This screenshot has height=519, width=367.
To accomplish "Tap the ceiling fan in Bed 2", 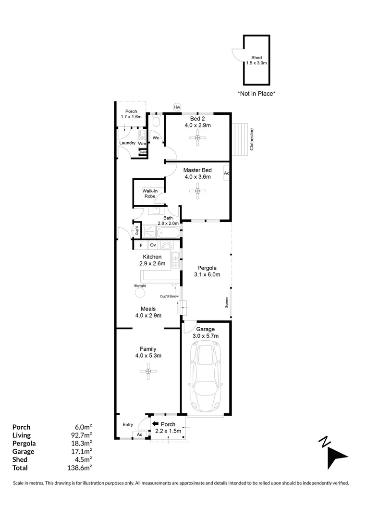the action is click(x=197, y=138).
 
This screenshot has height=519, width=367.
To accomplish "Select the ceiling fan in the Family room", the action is click(x=148, y=371).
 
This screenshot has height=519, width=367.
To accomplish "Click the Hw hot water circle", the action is click(x=177, y=107).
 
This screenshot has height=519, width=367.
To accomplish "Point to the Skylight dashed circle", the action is click(x=140, y=293).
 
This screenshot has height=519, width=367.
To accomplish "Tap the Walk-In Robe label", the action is click(x=150, y=193).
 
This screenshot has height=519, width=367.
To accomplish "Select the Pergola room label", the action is click(x=207, y=268).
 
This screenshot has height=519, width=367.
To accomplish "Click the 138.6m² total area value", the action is click(x=79, y=468).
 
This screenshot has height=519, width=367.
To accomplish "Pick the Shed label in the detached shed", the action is click(x=257, y=58).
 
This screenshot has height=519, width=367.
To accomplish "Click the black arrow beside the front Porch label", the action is click(x=155, y=424).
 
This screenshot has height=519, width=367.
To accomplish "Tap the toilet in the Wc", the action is click(x=157, y=121).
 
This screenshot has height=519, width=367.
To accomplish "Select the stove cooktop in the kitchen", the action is click(x=167, y=245).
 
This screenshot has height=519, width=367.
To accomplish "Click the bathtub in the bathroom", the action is click(x=168, y=233).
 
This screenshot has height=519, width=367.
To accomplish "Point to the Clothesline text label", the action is click(x=252, y=139).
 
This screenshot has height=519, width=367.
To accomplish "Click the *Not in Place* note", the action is click(x=257, y=94).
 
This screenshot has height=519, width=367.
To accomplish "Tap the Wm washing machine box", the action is click(x=142, y=144).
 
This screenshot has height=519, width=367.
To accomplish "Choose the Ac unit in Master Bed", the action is click(x=227, y=173).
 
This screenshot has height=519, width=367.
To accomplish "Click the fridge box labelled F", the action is click(x=141, y=245).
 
